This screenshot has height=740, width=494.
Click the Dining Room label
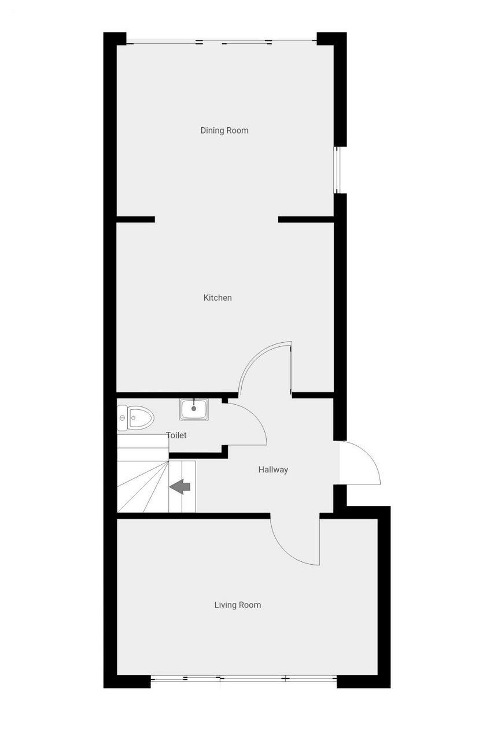pyautogui.click(x=224, y=131)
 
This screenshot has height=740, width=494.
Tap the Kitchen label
pyautogui.click(x=217, y=298)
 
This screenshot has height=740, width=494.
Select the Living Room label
pyautogui.click(x=237, y=605)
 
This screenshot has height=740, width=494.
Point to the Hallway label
pyautogui.click(x=273, y=469)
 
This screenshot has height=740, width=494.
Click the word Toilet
pyautogui.click(x=176, y=435)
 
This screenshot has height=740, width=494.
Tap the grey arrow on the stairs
pyautogui.click(x=180, y=487)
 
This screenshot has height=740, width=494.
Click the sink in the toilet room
pyautogui.click(x=194, y=409)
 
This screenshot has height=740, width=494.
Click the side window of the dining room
pyautogui.click(x=337, y=170)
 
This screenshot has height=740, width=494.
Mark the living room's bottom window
pyautogui.click(x=244, y=679)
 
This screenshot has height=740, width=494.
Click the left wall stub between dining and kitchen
pyautogui.click(x=135, y=219)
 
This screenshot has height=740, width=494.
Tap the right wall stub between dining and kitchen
pyautogui.click(x=306, y=219)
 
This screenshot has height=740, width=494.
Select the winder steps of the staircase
pyautogui.click(x=143, y=487)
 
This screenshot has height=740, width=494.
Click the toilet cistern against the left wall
pyautogui.click(x=122, y=418)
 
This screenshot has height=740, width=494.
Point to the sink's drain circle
pyautogui.click(x=194, y=409)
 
